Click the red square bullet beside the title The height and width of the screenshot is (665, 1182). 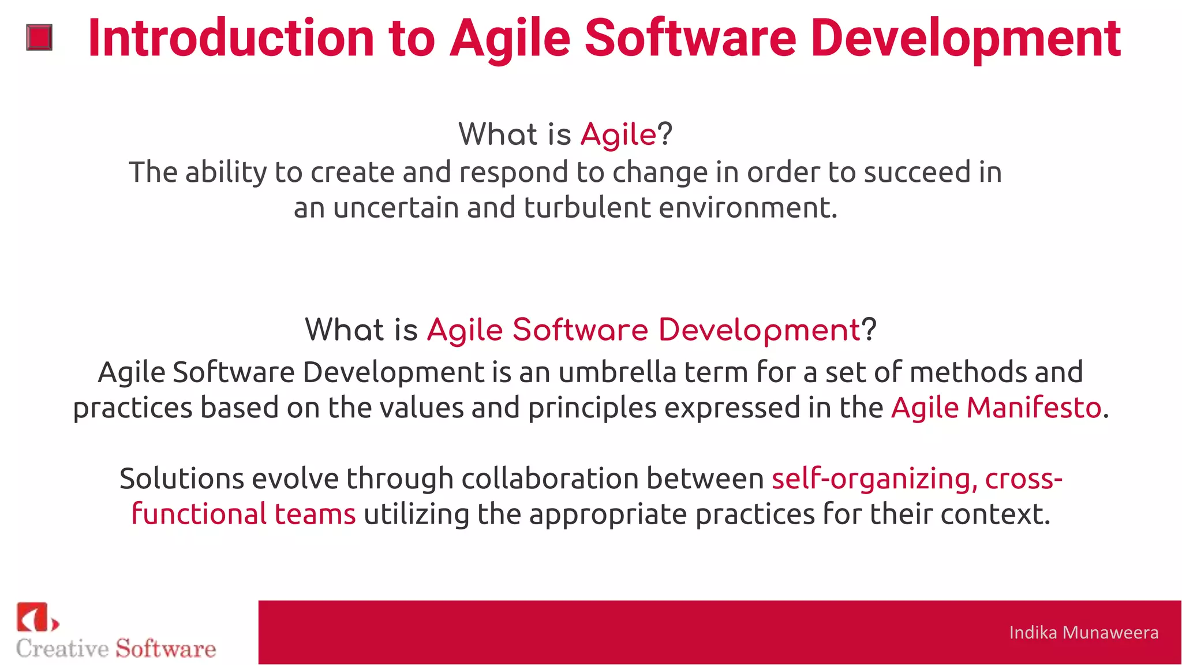point(39,38)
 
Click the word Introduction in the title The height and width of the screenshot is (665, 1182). point(231,39)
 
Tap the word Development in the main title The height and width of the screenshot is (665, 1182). point(966,39)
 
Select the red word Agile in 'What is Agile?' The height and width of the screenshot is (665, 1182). point(618,135)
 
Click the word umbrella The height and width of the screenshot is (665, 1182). point(617,372)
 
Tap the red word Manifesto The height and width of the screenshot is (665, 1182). point(1034,408)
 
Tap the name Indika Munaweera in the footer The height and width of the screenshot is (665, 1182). point(1083,633)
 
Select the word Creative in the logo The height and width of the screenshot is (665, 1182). point(62,649)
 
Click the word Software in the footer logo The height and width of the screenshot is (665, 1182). point(166,649)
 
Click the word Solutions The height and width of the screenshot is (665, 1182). point(181,479)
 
